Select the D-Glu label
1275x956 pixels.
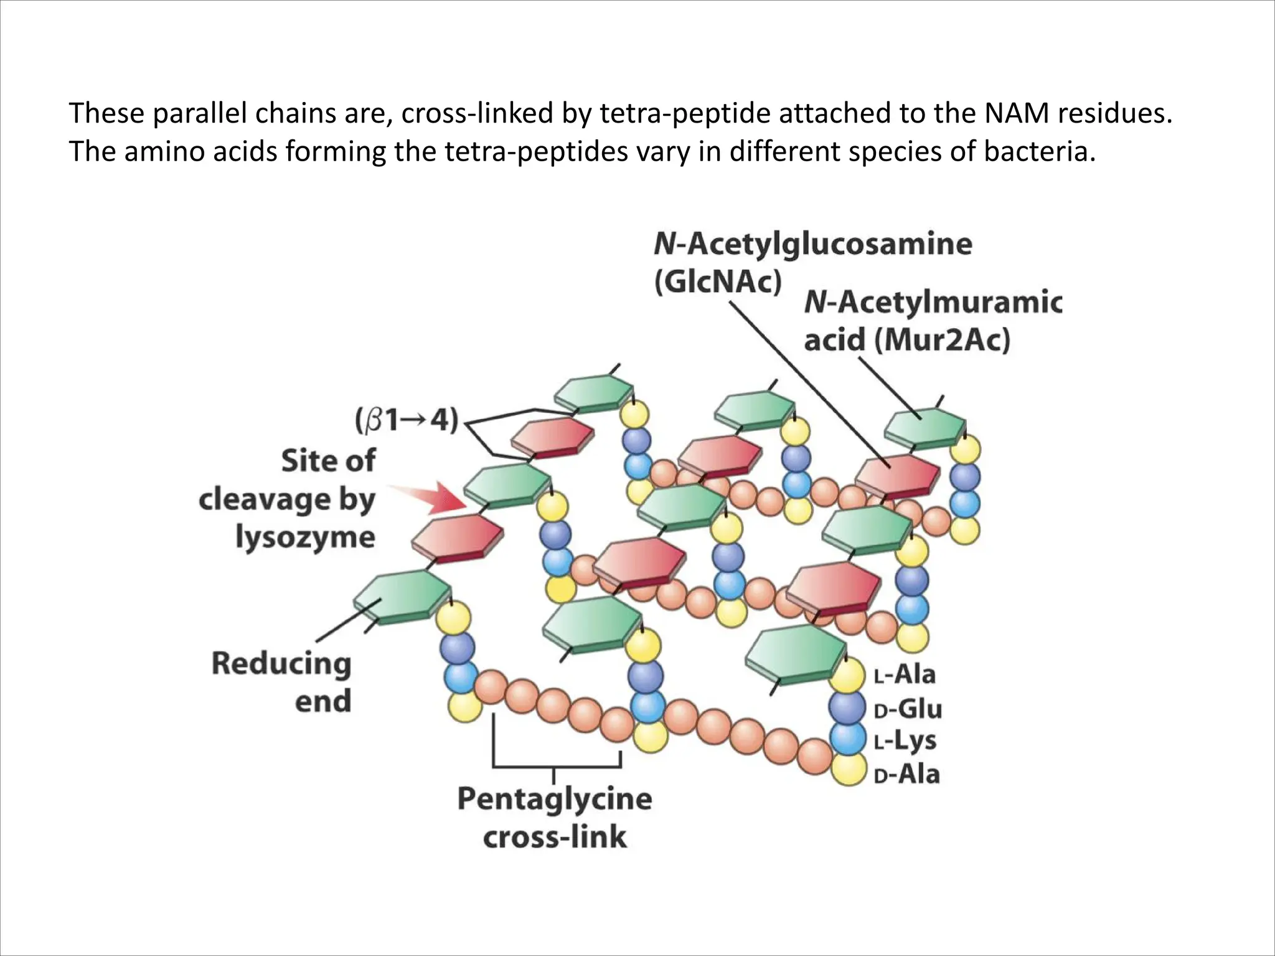[x=908, y=709]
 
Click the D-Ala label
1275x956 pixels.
[x=906, y=775]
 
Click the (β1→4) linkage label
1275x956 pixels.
[x=407, y=421]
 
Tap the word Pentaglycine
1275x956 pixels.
[x=554, y=799]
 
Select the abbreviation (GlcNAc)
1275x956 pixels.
[x=717, y=281]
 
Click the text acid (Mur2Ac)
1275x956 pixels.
[x=906, y=340]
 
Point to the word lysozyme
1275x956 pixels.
[x=305, y=537]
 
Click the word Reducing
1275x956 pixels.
[x=281, y=663]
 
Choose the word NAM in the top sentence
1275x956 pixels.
[x=1014, y=113]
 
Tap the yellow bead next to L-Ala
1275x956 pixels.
[x=847, y=676]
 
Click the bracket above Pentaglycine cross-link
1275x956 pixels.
[x=556, y=765]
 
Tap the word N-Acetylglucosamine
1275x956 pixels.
[x=812, y=243]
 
